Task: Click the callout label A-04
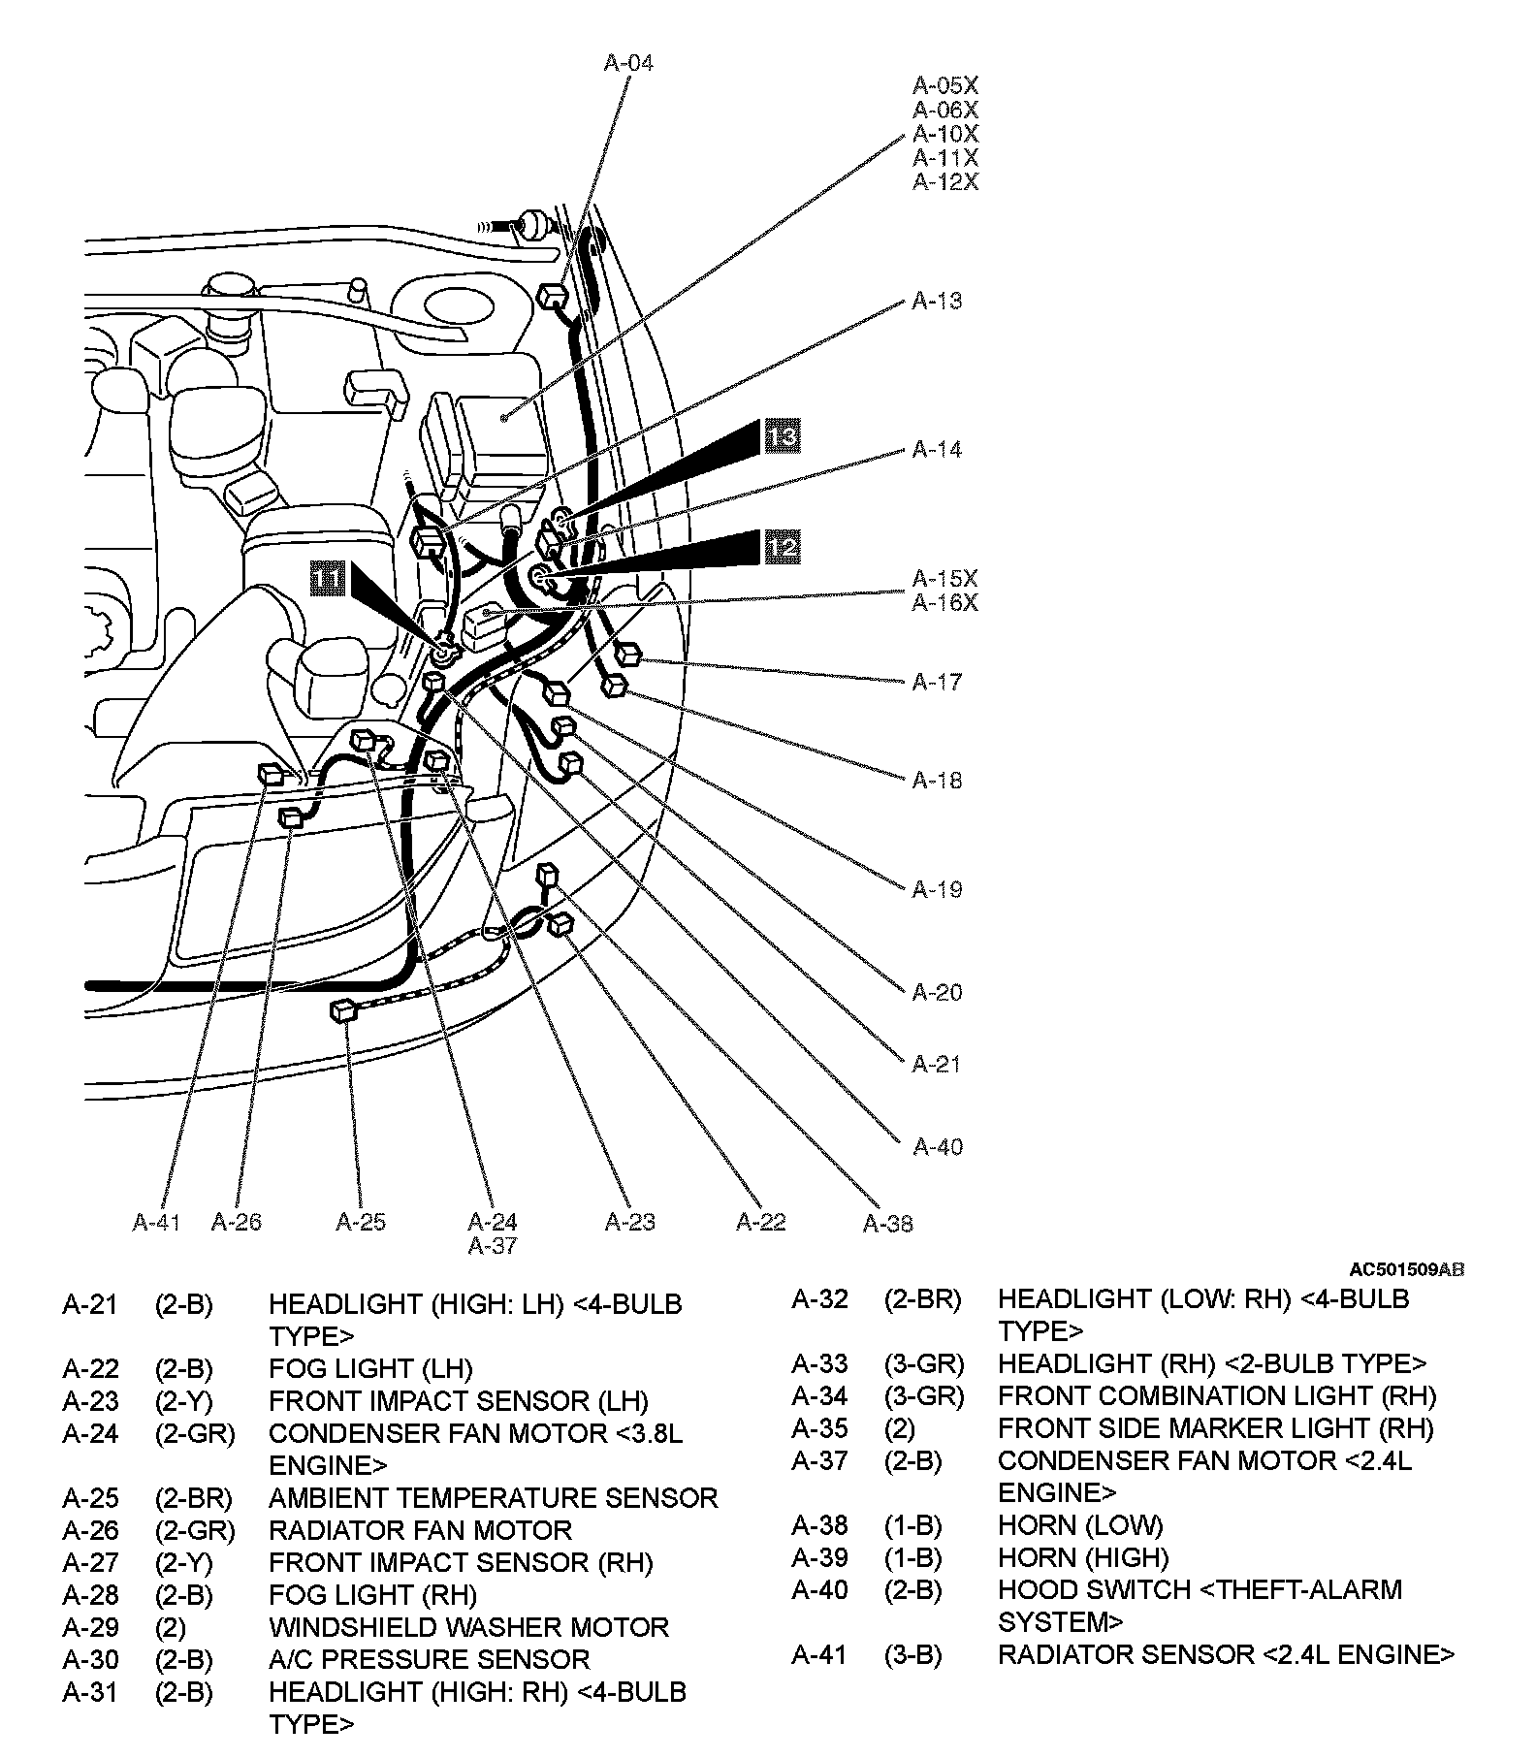click(x=628, y=63)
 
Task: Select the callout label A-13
click(x=937, y=301)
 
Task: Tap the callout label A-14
click(x=937, y=449)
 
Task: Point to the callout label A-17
click(x=937, y=682)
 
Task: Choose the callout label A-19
click(x=937, y=889)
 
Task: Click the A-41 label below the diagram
click(x=156, y=1222)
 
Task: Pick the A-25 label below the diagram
click(x=361, y=1222)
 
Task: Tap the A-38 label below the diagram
click(x=888, y=1224)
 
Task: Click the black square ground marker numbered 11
click(x=327, y=579)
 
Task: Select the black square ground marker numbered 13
click(x=782, y=436)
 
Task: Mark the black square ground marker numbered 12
click(x=782, y=547)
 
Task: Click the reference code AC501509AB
click(x=1407, y=1269)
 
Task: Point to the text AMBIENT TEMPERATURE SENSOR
click(x=493, y=1498)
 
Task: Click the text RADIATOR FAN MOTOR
click(x=420, y=1530)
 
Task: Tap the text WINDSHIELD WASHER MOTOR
click(x=468, y=1627)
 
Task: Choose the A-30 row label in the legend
click(x=90, y=1659)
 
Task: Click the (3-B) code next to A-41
click(x=912, y=1654)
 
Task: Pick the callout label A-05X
click(x=945, y=86)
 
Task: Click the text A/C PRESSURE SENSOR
click(x=429, y=1659)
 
